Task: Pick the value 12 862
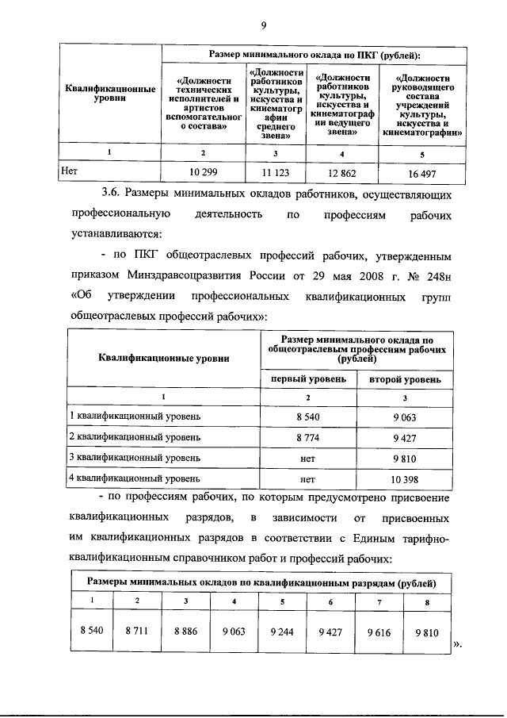pyautogui.click(x=342, y=171)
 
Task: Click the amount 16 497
pyautogui.click(x=422, y=171)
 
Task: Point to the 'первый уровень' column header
pyautogui.click(x=309, y=379)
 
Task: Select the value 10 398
pyautogui.click(x=404, y=478)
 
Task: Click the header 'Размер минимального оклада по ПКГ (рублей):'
pyautogui.click(x=314, y=55)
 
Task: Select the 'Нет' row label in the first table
pyautogui.click(x=70, y=170)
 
